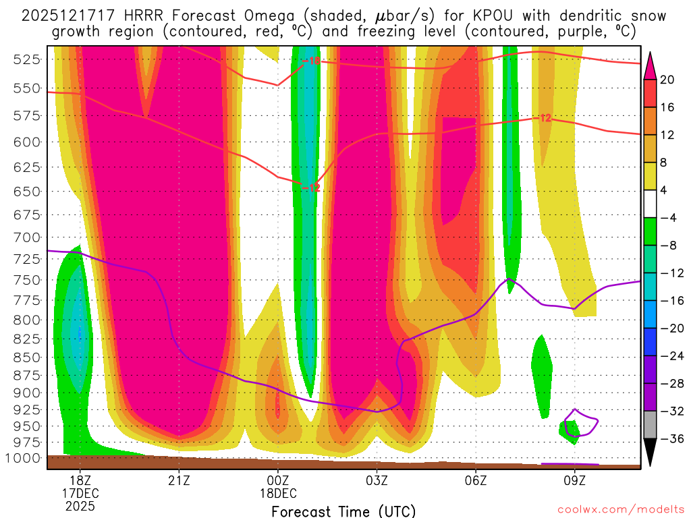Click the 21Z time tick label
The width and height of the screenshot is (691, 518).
[x=179, y=480]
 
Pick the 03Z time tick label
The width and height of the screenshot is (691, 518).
[x=377, y=480]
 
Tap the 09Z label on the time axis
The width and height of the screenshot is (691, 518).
[x=575, y=480]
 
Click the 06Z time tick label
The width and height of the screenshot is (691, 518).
[x=476, y=480]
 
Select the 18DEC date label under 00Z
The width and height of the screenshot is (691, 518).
[x=278, y=492]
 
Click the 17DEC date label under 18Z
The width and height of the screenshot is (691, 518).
[x=80, y=492]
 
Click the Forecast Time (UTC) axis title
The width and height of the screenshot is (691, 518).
[x=343, y=511]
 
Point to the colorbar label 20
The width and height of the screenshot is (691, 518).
[x=667, y=80]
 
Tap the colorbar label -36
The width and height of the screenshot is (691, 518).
[x=670, y=439]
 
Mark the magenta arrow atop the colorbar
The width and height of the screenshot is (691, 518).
[x=651, y=65]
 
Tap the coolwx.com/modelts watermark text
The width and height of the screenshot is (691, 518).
[x=621, y=510]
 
